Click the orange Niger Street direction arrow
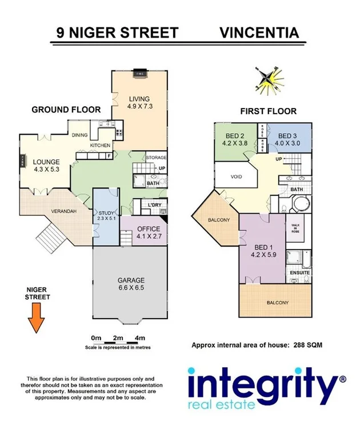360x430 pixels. tap(37, 317)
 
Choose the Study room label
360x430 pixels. tap(107, 215)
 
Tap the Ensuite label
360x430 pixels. tap(299, 272)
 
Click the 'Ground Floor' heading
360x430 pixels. tap(66, 110)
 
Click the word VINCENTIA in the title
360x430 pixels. tap(259, 32)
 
